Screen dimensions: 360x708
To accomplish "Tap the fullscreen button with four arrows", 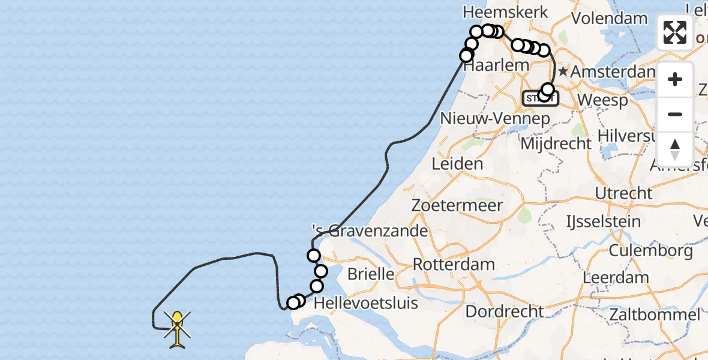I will pos(675,32).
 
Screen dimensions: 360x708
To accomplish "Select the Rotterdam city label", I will pos(454,265).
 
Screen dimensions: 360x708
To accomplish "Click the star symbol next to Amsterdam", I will pos(563,71).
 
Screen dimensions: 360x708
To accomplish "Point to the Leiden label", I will pos(457,164).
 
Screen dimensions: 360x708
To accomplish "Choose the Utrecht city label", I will pos(623,193).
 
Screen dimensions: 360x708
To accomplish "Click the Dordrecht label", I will pos(505,312).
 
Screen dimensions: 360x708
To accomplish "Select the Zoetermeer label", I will pos(457,205).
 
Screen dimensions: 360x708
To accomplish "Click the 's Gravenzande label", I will pos(370,231).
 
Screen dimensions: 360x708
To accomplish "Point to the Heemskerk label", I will pos(497,12).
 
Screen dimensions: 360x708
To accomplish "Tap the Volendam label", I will pos(609,18).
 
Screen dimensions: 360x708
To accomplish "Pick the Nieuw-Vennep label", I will pos(495,119).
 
